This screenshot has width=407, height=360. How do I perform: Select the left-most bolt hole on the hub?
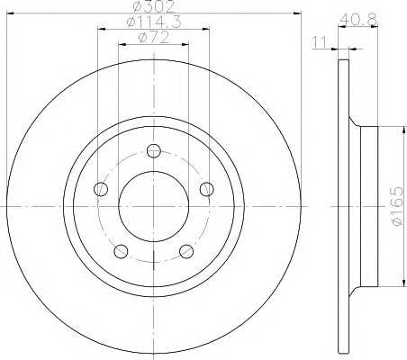pyautogui.click(x=102, y=189)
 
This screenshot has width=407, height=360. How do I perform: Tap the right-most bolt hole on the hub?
pyautogui.click(x=207, y=189)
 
